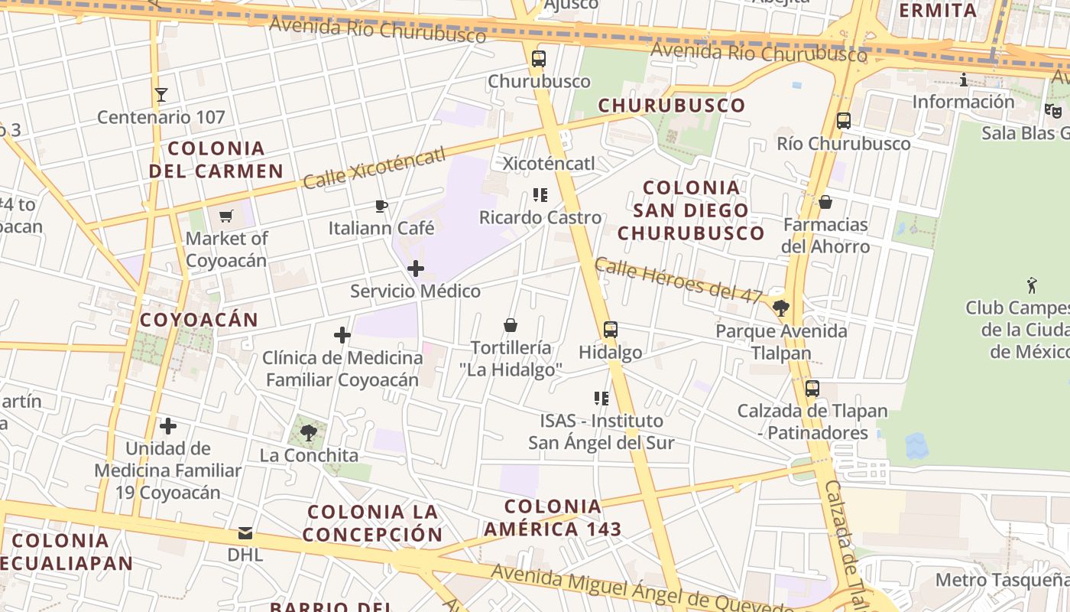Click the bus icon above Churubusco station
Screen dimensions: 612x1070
click(539, 59)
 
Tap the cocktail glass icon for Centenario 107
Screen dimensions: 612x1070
click(160, 95)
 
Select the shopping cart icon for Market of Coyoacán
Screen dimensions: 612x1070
click(225, 216)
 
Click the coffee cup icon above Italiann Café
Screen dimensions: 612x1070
click(381, 206)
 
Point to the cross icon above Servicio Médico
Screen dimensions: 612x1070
click(416, 269)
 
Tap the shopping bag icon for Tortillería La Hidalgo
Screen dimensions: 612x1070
click(511, 325)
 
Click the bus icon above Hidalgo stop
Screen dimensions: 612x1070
click(610, 330)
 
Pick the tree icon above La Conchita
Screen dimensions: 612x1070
click(309, 433)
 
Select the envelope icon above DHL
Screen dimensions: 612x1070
click(245, 532)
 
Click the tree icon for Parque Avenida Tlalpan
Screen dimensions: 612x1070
click(781, 308)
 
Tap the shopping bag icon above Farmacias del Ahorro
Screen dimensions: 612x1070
click(825, 202)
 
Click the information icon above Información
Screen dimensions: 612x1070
click(963, 80)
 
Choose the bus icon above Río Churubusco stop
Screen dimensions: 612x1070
click(844, 121)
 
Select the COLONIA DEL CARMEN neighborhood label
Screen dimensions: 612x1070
click(216, 159)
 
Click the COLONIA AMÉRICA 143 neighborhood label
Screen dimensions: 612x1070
click(553, 517)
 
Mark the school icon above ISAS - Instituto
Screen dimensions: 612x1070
click(601, 398)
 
